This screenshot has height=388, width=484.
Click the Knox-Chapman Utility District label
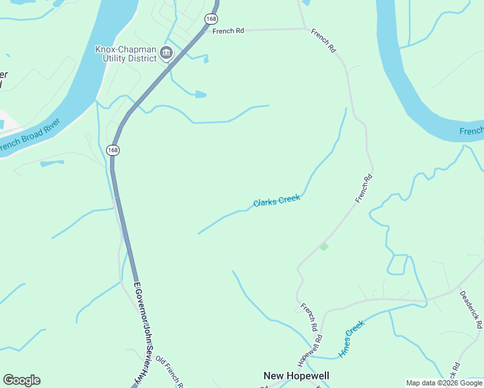tap(126, 53)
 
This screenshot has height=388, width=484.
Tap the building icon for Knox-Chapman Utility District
tap(166, 53)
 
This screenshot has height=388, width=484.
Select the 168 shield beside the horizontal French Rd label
tap(211, 19)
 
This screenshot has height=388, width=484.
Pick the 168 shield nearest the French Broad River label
tap(113, 150)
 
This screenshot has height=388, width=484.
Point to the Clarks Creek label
tap(276, 201)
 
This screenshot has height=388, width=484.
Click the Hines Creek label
tap(351, 341)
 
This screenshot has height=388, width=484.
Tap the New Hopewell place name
tap(296, 376)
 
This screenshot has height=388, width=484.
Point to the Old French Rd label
tap(170, 373)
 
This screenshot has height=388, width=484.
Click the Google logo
tap(21, 380)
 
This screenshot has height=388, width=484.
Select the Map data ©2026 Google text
tap(444, 383)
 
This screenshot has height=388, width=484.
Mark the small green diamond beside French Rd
tap(324, 246)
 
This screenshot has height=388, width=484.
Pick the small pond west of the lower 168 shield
tap(52, 163)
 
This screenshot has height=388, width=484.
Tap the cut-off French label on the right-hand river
tap(472, 131)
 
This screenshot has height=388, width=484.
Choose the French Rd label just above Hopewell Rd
tap(309, 314)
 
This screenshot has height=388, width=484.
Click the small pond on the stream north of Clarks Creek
tap(201, 95)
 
